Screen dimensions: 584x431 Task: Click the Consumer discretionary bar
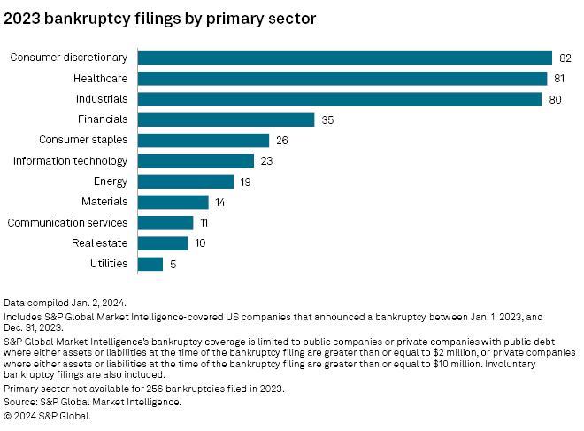345,58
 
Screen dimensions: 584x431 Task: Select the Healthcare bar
342,79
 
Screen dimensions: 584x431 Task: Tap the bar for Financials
226,120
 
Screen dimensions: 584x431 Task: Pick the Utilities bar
150,264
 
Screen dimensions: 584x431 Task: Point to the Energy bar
186,181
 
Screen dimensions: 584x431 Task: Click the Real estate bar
163,243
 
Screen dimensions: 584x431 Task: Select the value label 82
565,58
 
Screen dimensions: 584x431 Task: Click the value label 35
327,120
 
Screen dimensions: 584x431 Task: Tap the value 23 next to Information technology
266,161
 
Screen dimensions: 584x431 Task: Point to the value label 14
220,203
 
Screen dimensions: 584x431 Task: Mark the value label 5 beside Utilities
173,264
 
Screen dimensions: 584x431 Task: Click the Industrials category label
102,99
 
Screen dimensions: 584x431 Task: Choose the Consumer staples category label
83,140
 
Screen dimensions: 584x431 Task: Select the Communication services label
67,223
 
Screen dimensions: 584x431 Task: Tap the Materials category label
104,202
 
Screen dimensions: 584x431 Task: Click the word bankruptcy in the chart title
88,19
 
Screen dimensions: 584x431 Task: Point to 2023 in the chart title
22,19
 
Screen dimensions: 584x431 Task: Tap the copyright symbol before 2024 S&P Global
7,416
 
